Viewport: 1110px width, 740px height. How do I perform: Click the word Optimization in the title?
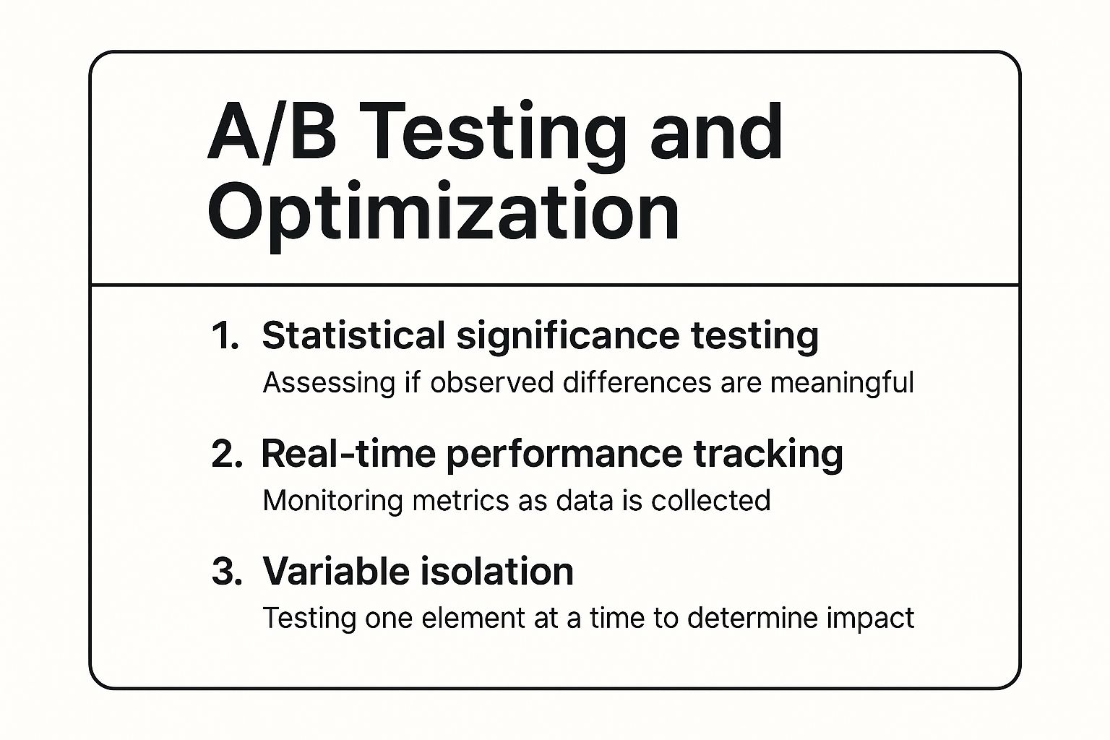443,212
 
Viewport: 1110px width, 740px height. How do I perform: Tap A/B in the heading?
272,133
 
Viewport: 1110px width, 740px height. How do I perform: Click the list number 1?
225,336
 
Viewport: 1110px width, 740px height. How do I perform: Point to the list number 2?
226,455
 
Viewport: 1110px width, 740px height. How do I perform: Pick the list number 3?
226,572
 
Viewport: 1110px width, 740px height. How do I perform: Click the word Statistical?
353,336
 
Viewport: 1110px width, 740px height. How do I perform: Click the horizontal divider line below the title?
555,285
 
